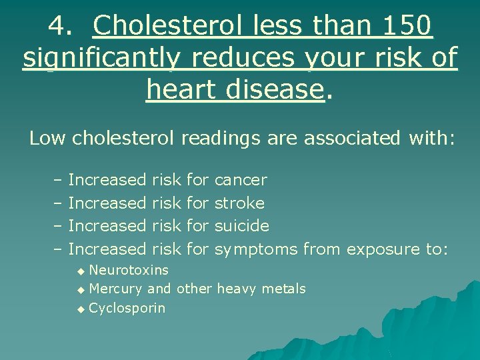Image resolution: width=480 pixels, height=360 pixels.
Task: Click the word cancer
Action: (241, 180)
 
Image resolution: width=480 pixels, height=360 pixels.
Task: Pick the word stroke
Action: (239, 203)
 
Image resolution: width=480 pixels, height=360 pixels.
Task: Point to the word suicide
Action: (241, 226)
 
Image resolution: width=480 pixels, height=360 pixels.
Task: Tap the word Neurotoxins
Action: (129, 270)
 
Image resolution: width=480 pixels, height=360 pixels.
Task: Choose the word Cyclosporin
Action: (127, 308)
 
